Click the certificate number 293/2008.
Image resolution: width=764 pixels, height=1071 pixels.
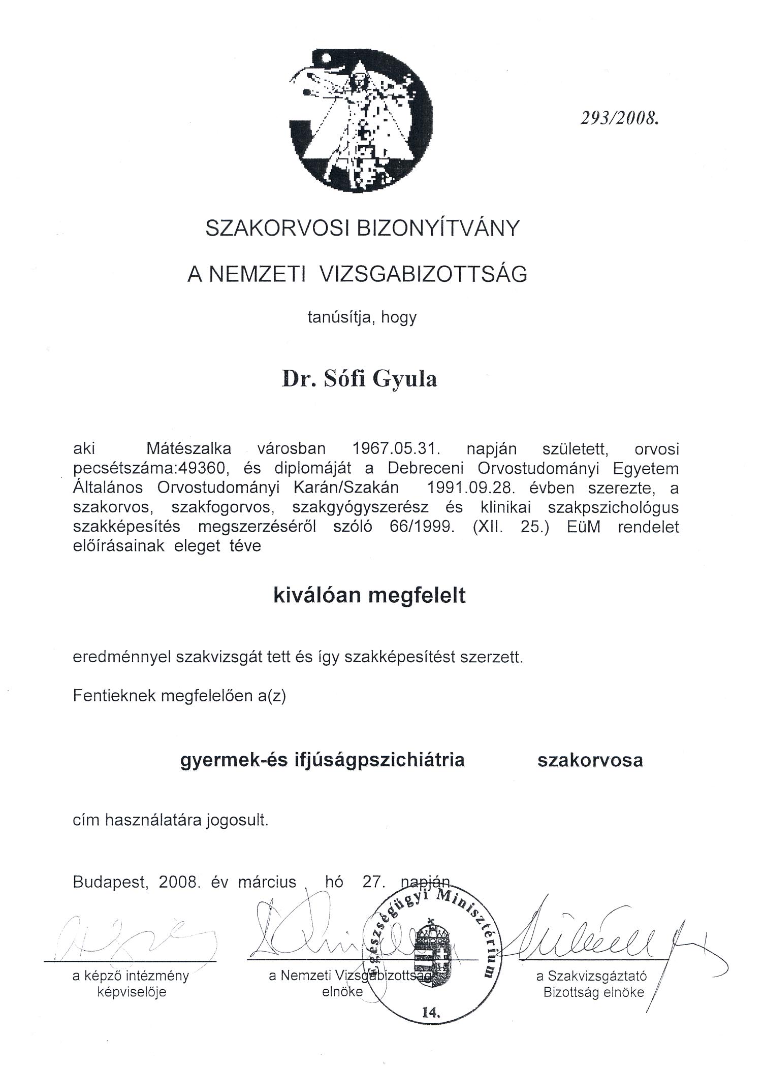[619, 118]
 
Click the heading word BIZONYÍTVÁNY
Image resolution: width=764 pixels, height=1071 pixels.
[439, 228]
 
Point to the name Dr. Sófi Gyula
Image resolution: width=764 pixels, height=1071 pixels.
[359, 379]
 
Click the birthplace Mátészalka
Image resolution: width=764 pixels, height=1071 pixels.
[188, 449]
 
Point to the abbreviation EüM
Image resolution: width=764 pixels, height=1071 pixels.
[584, 527]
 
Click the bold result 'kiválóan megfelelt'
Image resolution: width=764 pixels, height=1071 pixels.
[369, 595]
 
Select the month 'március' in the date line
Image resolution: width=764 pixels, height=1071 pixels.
[267, 882]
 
